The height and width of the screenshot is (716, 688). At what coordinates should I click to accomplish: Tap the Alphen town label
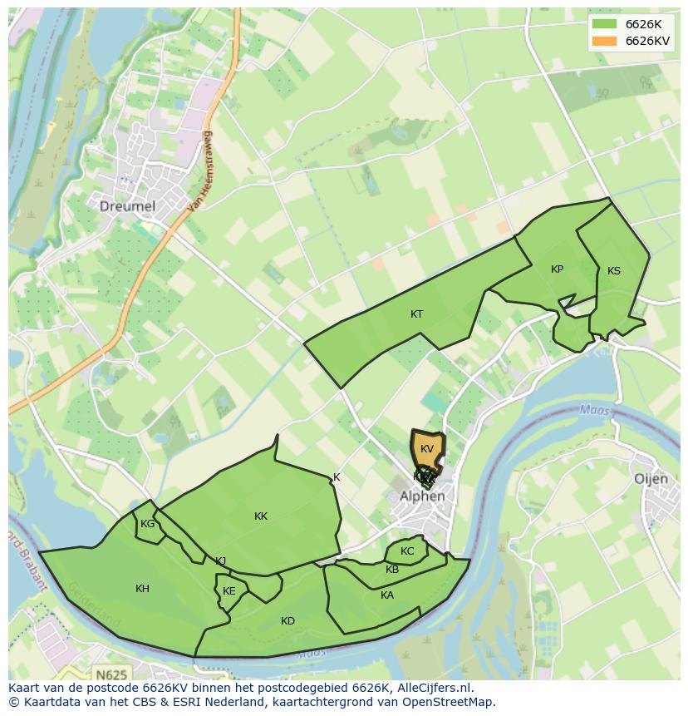point(422,496)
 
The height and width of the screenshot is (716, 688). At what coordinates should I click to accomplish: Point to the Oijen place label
point(651,479)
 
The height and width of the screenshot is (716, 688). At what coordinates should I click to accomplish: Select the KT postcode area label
point(416,314)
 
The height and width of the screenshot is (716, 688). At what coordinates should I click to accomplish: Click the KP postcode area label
point(557,269)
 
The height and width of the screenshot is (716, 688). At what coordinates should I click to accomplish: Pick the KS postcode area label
point(613,271)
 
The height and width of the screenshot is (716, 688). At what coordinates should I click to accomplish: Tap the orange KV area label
point(427,449)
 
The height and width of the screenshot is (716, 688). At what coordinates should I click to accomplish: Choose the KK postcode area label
point(261,516)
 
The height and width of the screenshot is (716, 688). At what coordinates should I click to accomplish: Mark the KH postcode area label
point(142,589)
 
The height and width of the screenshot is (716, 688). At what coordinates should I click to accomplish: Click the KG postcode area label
point(147,524)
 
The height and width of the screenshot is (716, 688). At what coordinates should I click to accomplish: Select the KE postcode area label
point(229,591)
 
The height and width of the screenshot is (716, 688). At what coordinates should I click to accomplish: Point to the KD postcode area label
point(287,621)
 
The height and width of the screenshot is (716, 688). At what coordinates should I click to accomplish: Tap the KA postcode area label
point(387,595)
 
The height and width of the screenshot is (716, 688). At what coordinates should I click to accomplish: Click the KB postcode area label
point(392,570)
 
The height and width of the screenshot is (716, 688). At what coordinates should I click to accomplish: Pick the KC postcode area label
point(407,551)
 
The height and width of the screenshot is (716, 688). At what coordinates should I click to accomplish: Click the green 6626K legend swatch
point(603,24)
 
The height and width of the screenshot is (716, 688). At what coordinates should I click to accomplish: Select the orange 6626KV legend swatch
point(603,41)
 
